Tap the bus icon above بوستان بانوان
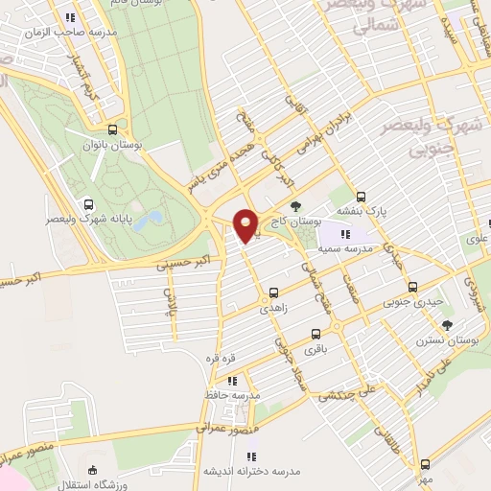coord(113,129)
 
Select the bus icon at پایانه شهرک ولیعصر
coord(89,203)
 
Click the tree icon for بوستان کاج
coord(295,205)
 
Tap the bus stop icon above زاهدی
coord(274,293)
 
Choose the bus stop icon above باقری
coord(316,335)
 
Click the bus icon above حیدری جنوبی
coord(412,287)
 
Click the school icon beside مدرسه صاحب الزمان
coord(69,17)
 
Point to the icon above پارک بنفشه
coord(348,193)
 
